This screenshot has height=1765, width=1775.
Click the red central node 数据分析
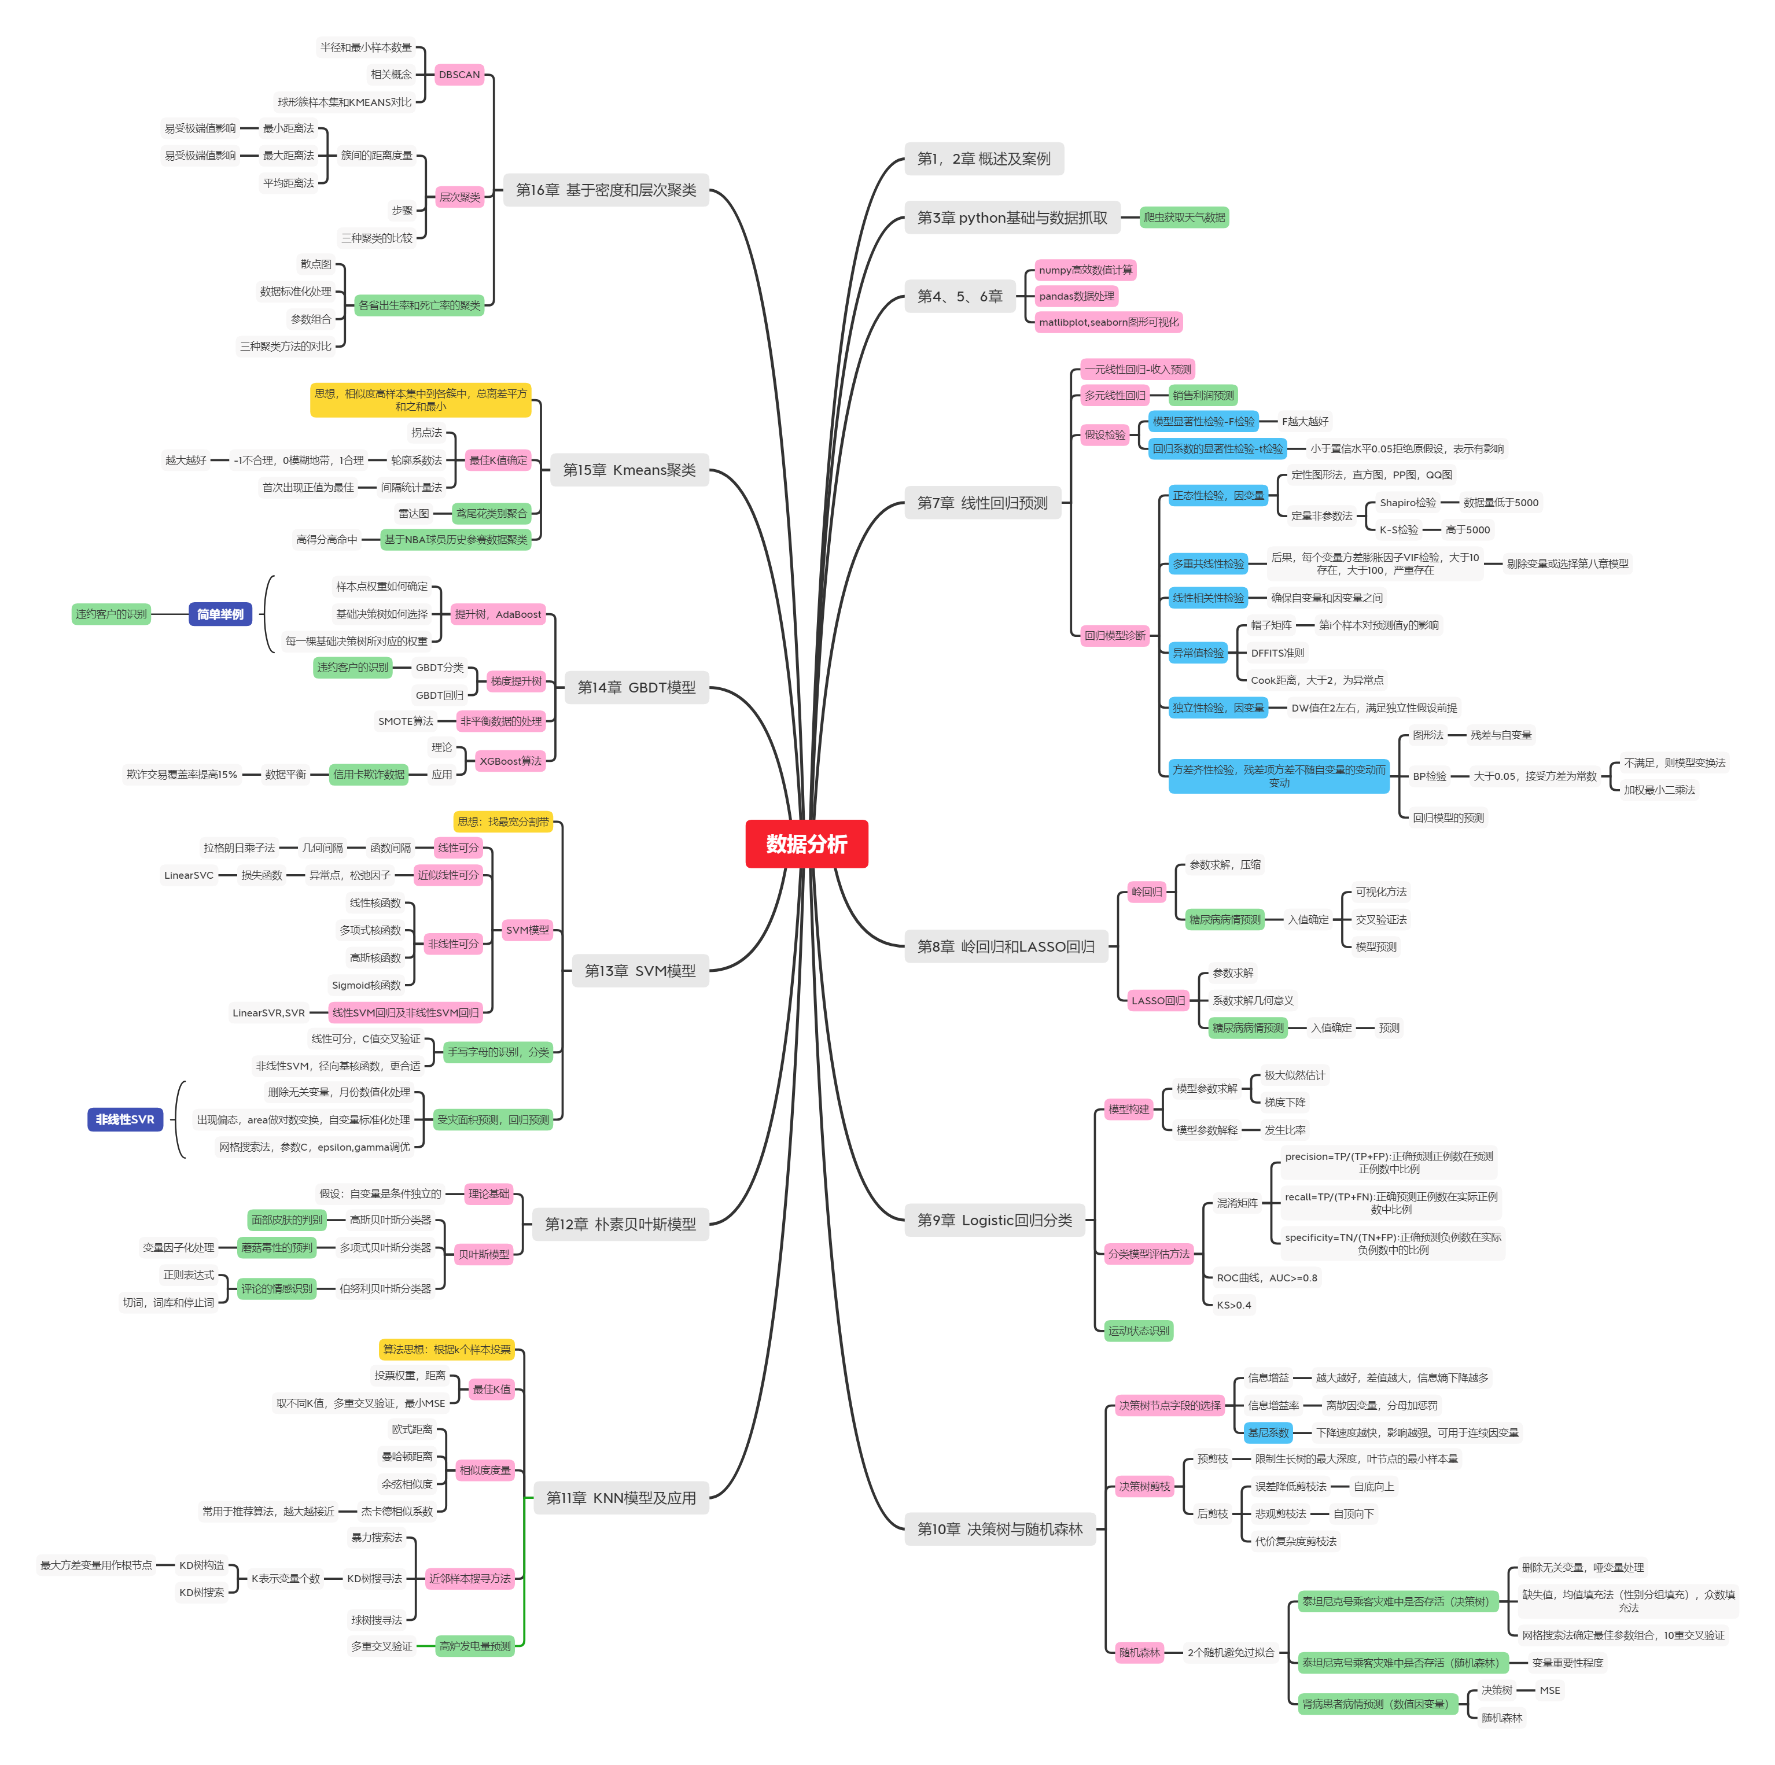click(806, 843)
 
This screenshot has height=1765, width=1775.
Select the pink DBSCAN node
click(458, 75)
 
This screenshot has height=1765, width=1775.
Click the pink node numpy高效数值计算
click(1085, 270)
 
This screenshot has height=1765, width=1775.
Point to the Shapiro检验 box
click(1406, 503)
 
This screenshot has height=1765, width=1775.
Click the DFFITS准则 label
click(1276, 653)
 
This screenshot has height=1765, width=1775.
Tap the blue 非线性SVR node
click(125, 1119)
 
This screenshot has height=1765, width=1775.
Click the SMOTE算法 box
click(405, 721)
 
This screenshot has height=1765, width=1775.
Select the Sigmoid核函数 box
click(367, 985)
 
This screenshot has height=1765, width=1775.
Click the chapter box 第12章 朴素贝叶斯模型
click(620, 1224)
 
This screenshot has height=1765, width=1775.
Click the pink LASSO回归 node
click(1158, 1001)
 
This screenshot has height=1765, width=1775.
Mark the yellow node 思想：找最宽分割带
click(503, 821)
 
